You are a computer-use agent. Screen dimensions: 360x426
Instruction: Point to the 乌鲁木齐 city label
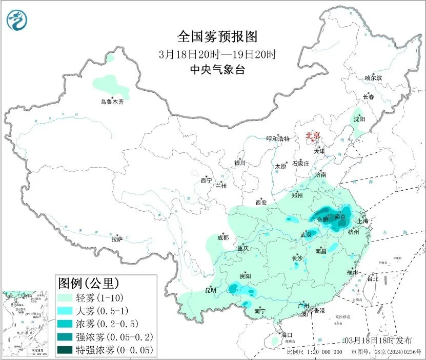coord(112,102)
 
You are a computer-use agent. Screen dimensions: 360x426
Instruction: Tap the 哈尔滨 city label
coord(373,78)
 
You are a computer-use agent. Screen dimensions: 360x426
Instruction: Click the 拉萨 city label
coord(117,239)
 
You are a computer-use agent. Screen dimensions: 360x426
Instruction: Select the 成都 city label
coord(223,237)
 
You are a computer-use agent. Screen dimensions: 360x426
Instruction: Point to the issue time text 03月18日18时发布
coord(378,341)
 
